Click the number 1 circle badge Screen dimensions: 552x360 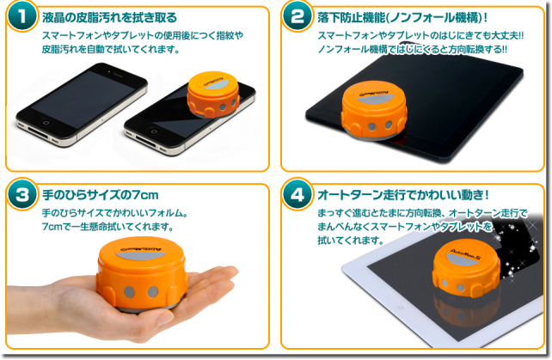(x=21, y=16)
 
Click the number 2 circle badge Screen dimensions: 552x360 (x=297, y=16)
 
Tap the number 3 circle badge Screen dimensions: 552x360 (x=21, y=194)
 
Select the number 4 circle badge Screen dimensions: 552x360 (x=297, y=194)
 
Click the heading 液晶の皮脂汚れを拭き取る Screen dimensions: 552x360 (x=109, y=17)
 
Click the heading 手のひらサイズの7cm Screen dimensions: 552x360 (x=101, y=194)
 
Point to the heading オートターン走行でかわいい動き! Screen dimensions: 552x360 (x=403, y=194)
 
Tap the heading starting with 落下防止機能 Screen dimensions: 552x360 (x=402, y=17)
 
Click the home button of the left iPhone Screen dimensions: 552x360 (x=46, y=122)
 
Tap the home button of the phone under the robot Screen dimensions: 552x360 (x=153, y=131)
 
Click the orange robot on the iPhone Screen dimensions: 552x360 (x=213, y=95)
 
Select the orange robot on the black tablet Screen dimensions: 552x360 (x=374, y=110)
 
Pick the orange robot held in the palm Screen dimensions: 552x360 (x=141, y=273)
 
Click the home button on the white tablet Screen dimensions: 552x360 (x=401, y=308)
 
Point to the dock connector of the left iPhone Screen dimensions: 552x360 (x=38, y=132)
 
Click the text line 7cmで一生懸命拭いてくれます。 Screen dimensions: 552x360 (x=107, y=226)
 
